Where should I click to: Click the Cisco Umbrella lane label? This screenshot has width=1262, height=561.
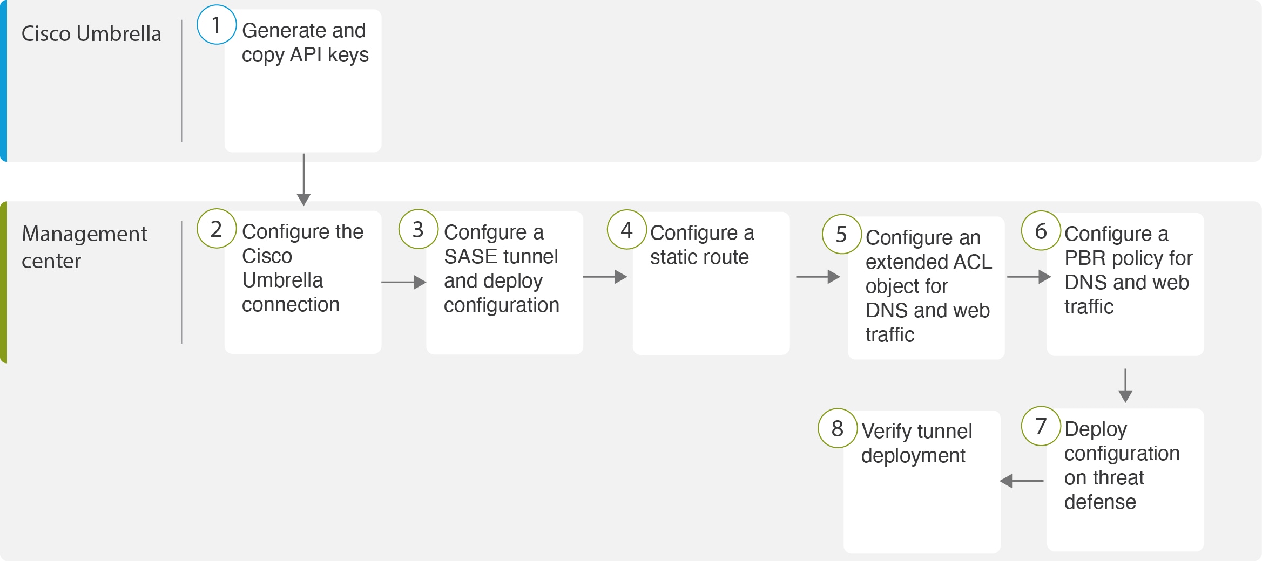point(91,33)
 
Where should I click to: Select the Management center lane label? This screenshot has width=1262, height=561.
point(84,247)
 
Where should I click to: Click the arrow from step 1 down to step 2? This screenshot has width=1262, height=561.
point(303,180)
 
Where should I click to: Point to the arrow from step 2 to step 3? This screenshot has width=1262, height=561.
point(404,282)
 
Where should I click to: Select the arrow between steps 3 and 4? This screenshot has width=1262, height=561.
point(605,277)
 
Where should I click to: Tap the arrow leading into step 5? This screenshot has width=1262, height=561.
point(818,277)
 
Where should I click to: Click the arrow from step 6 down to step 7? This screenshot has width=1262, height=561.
point(1125,386)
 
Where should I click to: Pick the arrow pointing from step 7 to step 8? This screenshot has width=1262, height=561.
point(1022,481)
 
